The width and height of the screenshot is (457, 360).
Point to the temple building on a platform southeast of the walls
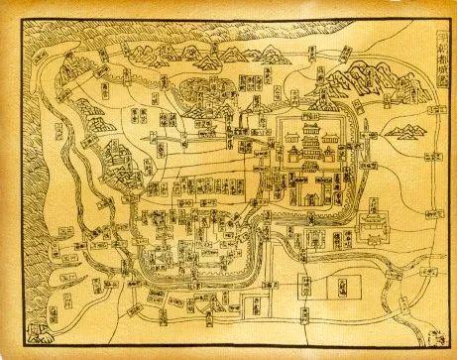[373, 230]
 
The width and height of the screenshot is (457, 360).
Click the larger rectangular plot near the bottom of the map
[339, 288]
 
